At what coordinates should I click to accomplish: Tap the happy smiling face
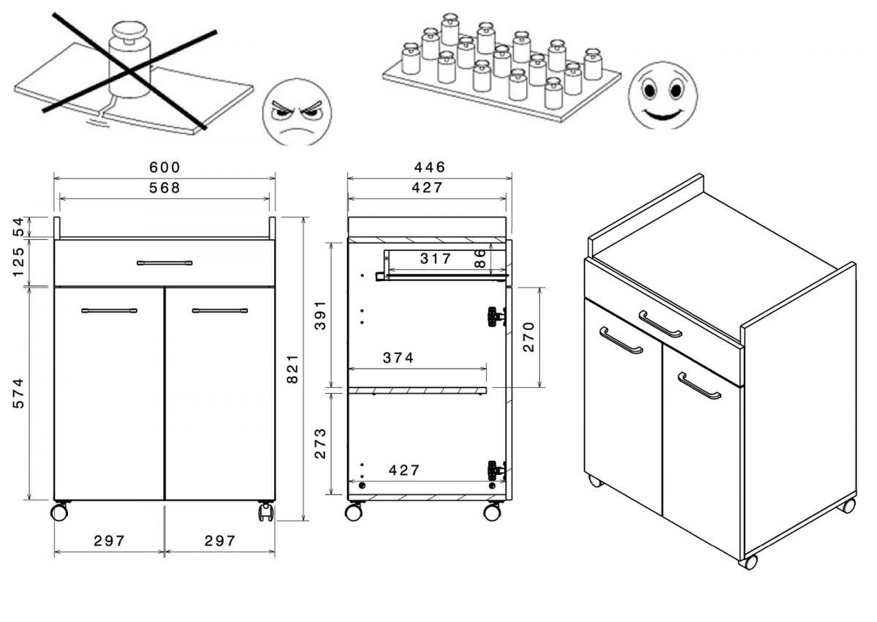[662, 95]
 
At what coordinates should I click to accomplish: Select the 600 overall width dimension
[164, 168]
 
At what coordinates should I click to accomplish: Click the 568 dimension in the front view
[164, 188]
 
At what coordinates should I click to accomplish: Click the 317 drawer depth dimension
[436, 258]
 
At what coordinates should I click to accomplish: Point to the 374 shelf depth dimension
[398, 358]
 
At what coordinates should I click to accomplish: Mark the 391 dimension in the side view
[320, 315]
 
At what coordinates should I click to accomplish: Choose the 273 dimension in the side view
[320, 443]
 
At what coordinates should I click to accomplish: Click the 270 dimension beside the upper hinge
[528, 336]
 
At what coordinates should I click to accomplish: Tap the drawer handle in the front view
[164, 263]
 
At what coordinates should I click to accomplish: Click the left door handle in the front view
[109, 310]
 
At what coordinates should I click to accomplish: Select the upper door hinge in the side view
[496, 316]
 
